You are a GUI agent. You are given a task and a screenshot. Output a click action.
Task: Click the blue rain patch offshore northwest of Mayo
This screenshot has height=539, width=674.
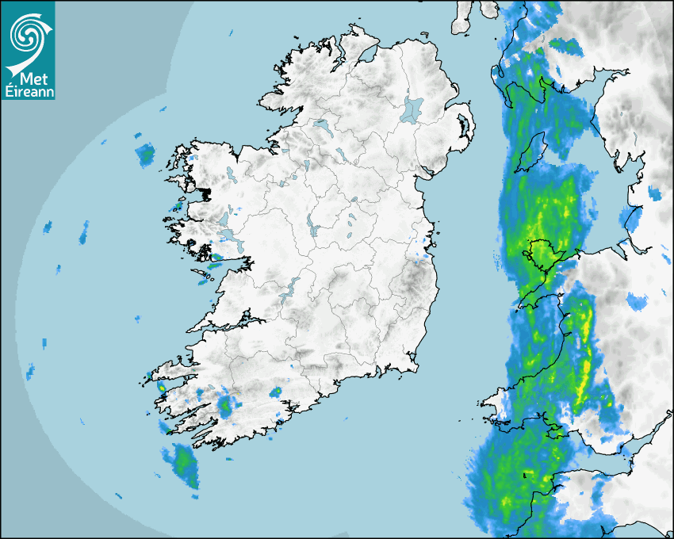tap(145, 155)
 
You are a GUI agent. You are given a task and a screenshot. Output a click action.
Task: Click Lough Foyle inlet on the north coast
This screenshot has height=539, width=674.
tap(366, 56)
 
